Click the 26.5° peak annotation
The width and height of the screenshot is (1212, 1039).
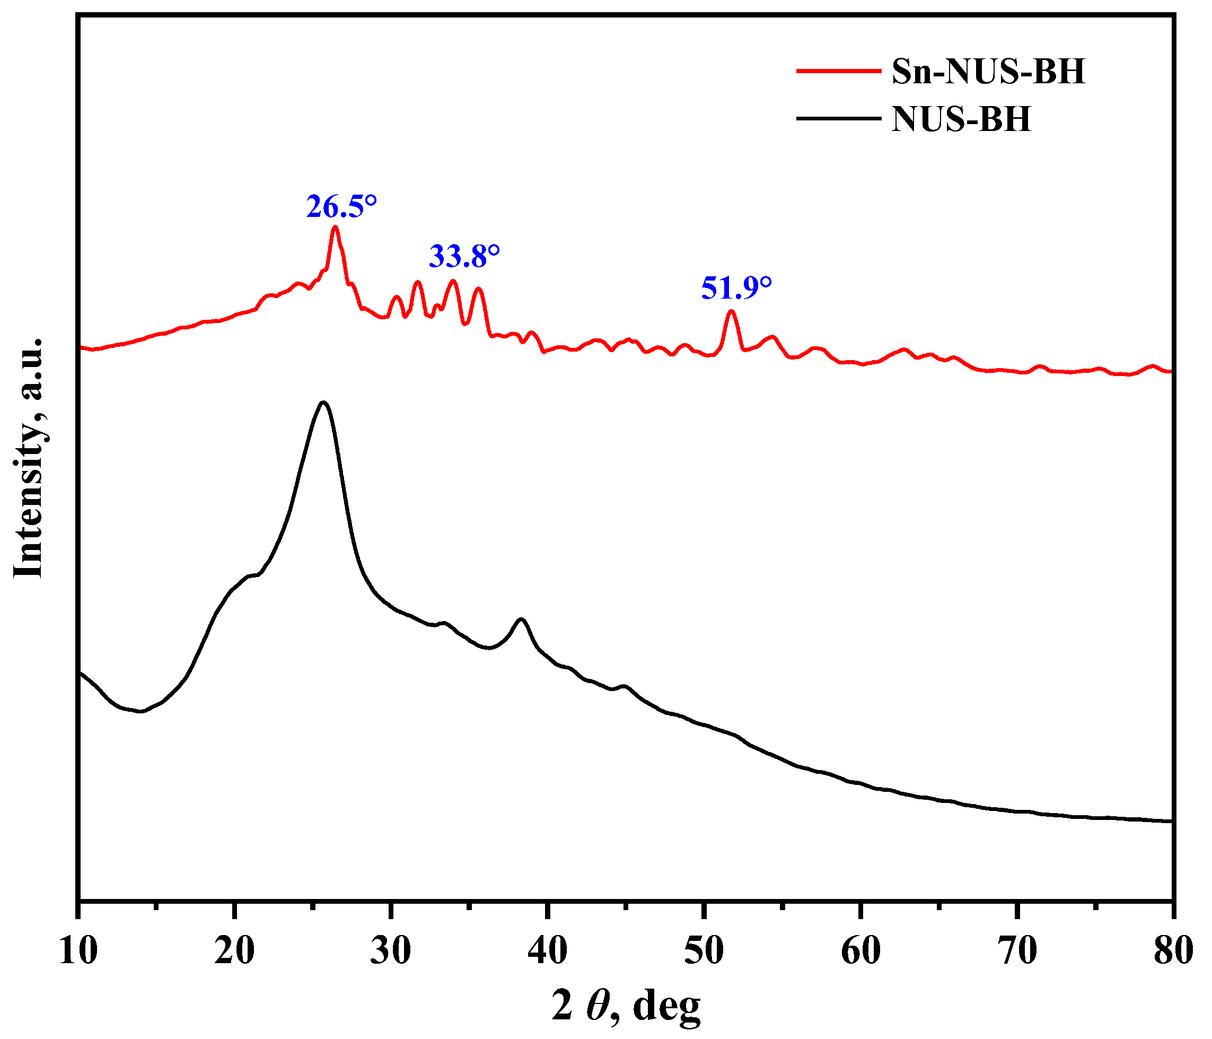pos(341,207)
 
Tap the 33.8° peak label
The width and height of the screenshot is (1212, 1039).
pos(464,257)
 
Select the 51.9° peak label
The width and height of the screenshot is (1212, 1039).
pos(736,289)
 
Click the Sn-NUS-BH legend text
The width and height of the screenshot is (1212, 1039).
pos(988,72)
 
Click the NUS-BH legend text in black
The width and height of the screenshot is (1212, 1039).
pos(961,119)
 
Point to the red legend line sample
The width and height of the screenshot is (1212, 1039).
pos(838,71)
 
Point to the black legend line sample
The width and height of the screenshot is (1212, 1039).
pos(838,118)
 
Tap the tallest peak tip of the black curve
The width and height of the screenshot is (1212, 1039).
pos(323,402)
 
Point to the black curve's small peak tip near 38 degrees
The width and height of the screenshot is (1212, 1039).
pos(521,619)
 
